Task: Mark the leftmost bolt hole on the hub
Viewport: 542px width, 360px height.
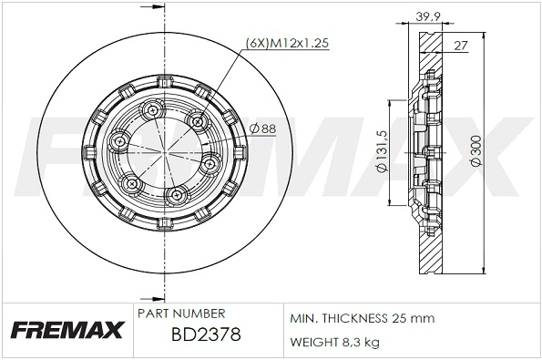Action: pos(119,143)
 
